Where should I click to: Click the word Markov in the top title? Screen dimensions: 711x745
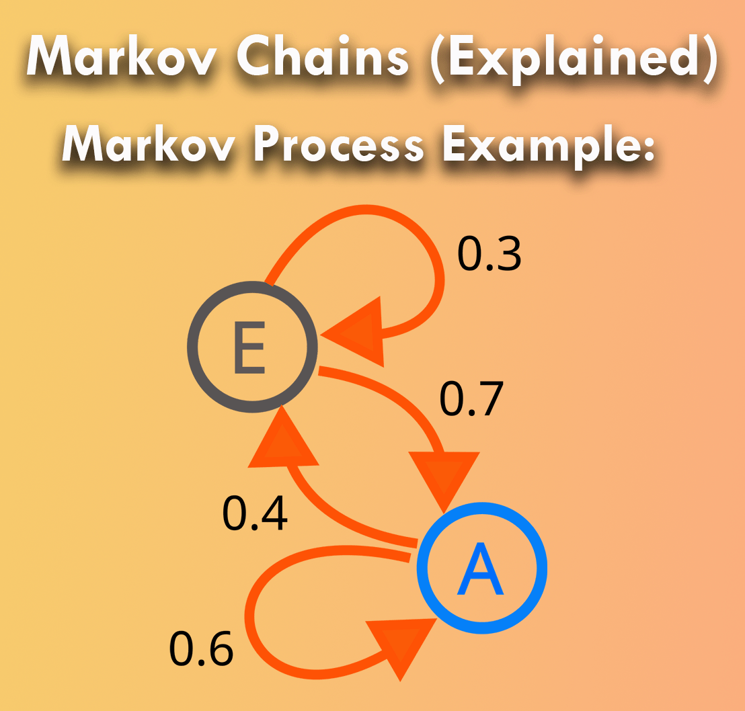pyautogui.click(x=124, y=56)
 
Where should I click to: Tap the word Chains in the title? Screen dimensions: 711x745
pyautogui.click(x=324, y=56)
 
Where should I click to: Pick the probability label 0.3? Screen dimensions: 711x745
pyautogui.click(x=489, y=254)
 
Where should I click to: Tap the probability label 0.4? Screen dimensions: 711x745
pyautogui.click(x=255, y=513)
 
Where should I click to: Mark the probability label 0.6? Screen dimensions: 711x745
pyautogui.click(x=201, y=649)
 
